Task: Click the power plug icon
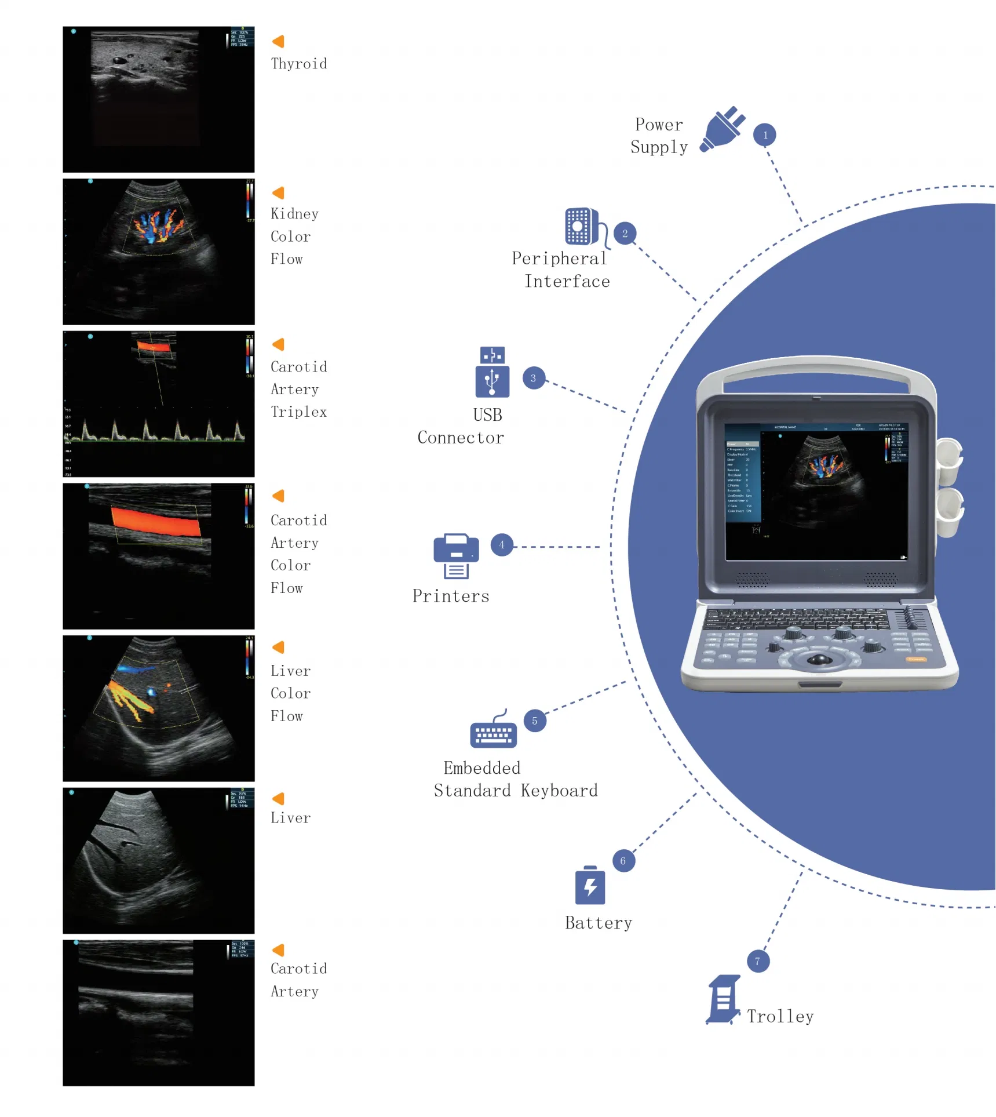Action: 722,129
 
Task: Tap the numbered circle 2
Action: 625,234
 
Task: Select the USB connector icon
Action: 492,373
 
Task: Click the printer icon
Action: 456,555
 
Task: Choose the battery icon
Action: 590,885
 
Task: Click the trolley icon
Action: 723,999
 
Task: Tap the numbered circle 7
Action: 757,961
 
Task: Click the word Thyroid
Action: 298,64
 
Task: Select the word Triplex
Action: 298,412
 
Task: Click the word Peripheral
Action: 559,259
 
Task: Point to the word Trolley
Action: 780,1016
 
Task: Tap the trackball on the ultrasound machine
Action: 819,659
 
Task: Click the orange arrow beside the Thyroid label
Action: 278,41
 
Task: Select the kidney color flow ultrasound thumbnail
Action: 158,252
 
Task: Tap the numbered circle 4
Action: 502,545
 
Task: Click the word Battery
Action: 598,923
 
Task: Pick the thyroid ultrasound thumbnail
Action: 158,99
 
